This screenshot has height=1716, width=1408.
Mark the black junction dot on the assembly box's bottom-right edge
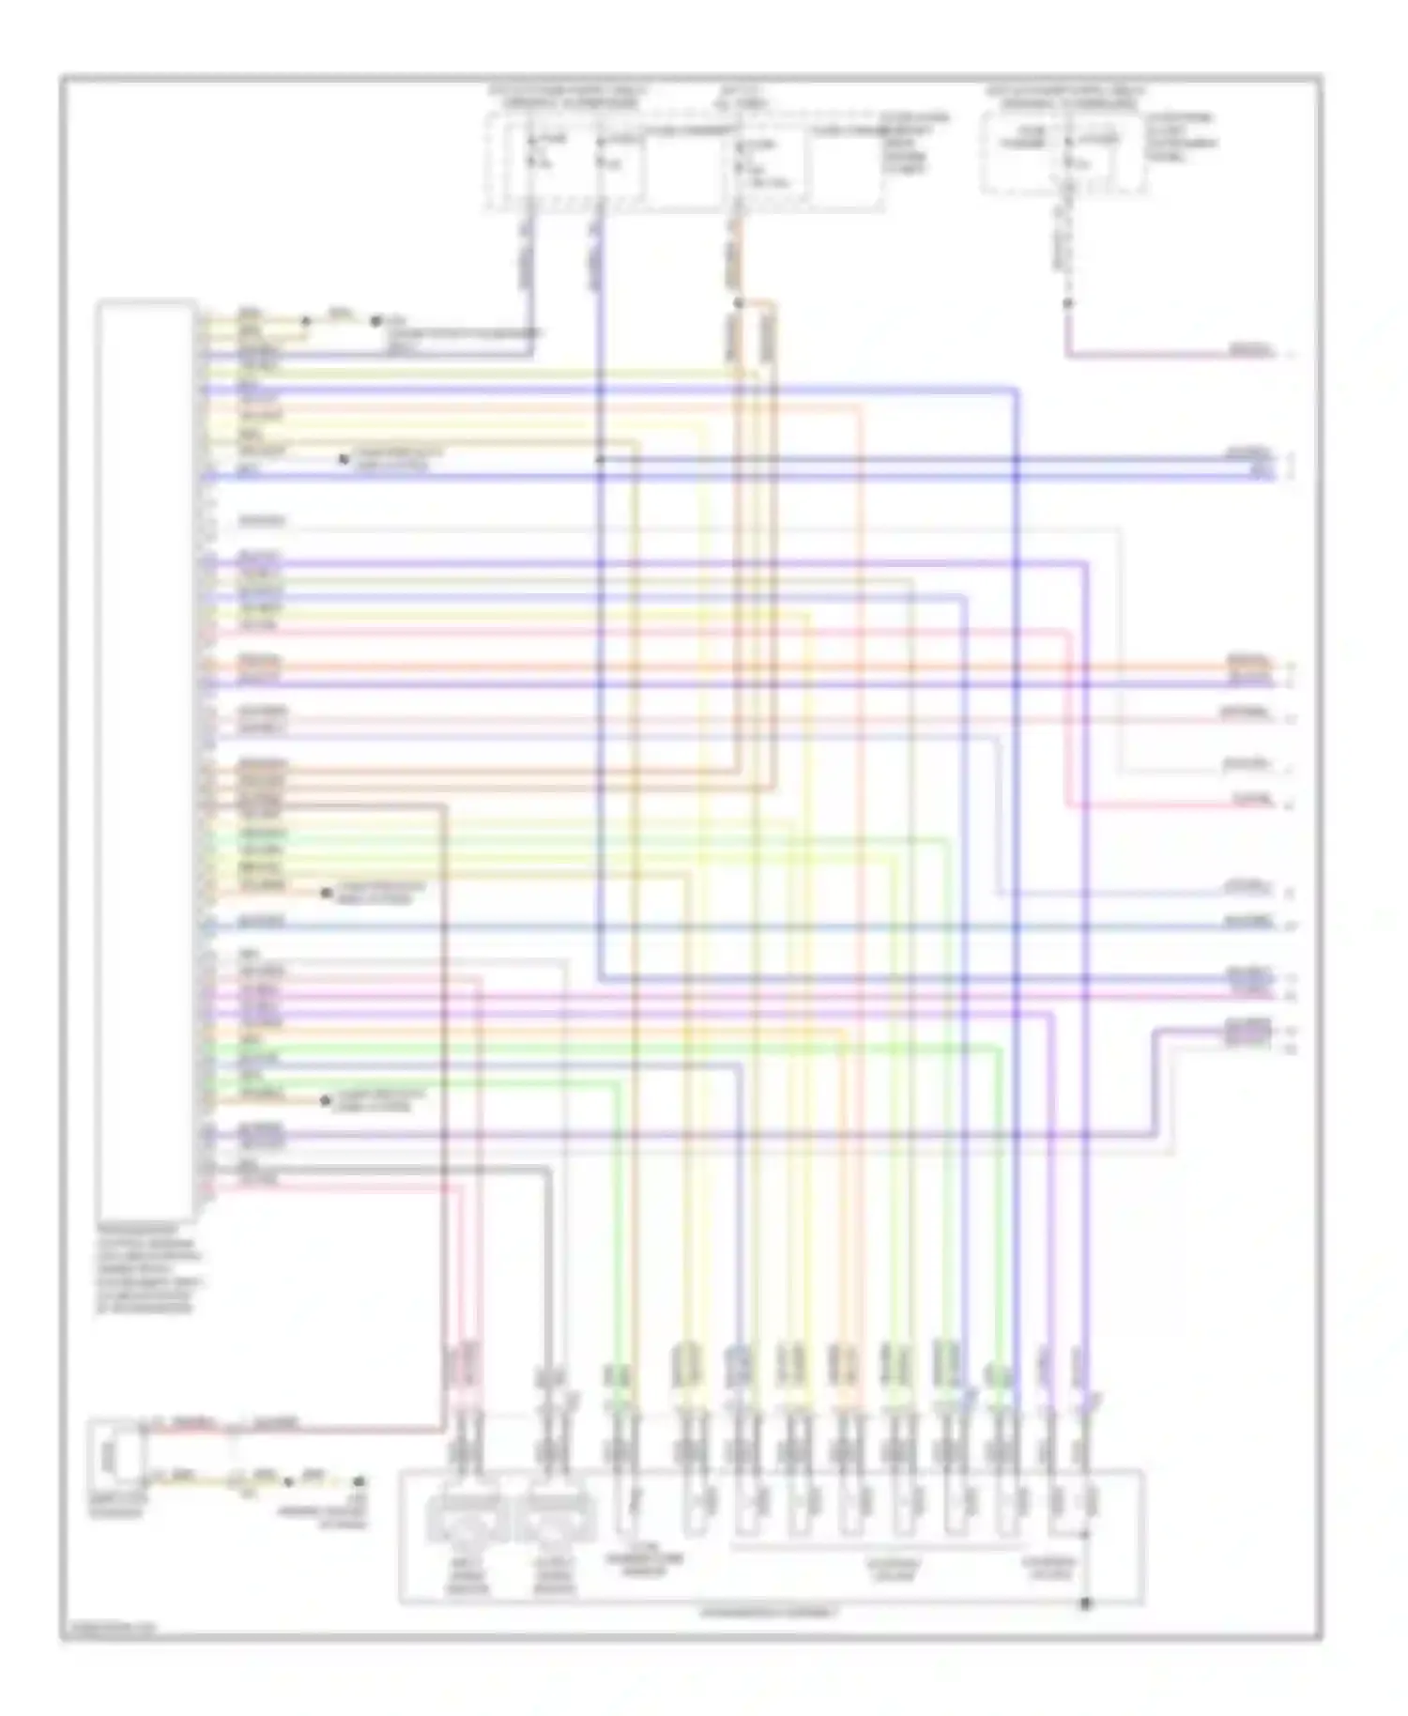(1085, 1603)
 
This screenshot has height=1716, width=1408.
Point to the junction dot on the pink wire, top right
(1066, 303)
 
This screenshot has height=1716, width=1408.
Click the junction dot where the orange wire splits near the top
(739, 303)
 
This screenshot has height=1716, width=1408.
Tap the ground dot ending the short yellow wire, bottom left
(358, 1482)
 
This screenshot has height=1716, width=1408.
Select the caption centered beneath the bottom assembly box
(770, 1613)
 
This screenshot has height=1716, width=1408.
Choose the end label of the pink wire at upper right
(1251, 352)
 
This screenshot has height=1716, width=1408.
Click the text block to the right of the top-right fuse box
(1181, 139)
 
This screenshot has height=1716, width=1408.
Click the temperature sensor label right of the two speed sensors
(645, 1562)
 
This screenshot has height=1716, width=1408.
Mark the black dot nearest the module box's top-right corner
(304, 321)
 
